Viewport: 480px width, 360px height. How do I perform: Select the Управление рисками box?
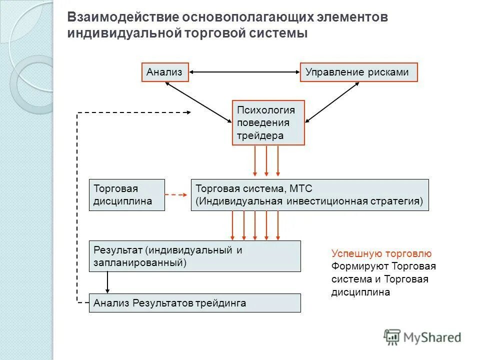pos(358,72)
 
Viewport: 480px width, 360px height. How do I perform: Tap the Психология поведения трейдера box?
pos(268,122)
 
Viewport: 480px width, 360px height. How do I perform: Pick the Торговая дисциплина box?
pos(126,195)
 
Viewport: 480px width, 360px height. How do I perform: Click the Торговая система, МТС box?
pos(309,195)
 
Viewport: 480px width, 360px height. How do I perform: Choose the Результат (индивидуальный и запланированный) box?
pos(194,256)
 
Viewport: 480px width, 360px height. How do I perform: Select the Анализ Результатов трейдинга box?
pos(194,303)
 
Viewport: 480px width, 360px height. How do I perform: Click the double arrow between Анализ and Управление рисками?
pos(244,72)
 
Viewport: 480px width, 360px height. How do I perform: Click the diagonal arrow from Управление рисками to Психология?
pos(336,102)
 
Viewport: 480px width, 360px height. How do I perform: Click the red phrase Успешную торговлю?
pos(381,254)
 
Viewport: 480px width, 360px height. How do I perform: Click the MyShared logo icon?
pos(392,336)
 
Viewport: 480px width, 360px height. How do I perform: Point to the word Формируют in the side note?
pos(359,266)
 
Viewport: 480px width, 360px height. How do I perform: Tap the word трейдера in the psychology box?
pos(260,135)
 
